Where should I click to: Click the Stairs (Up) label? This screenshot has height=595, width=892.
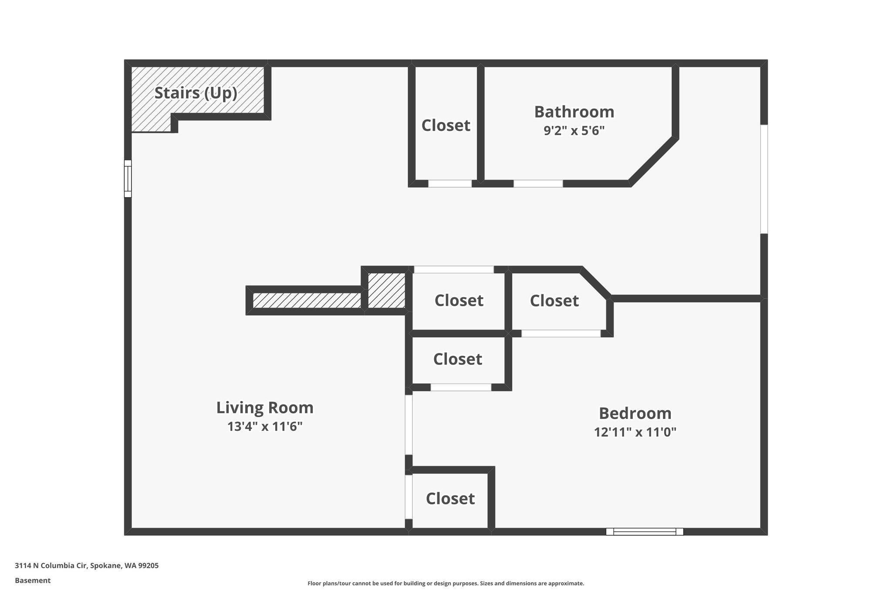pyautogui.click(x=196, y=93)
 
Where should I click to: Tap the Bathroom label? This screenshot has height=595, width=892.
pyautogui.click(x=574, y=112)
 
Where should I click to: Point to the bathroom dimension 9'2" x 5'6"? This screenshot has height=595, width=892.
pyautogui.click(x=574, y=131)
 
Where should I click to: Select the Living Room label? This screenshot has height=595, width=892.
pyautogui.click(x=265, y=408)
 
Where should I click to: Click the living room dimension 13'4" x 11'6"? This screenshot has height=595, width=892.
pyautogui.click(x=265, y=426)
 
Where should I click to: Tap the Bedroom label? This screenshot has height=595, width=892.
pyautogui.click(x=635, y=413)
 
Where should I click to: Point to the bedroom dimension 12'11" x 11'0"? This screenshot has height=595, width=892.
pyautogui.click(x=635, y=432)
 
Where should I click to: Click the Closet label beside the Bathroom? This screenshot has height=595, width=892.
pyautogui.click(x=446, y=126)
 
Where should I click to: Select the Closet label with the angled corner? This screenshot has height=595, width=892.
pyautogui.click(x=554, y=301)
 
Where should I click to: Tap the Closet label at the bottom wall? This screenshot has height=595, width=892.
pyautogui.click(x=450, y=499)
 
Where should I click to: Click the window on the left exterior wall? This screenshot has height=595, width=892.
pyautogui.click(x=128, y=179)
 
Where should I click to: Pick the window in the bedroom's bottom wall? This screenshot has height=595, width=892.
pyautogui.click(x=645, y=531)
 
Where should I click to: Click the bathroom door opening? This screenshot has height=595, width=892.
pyautogui.click(x=538, y=184)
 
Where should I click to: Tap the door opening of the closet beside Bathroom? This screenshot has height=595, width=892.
pyautogui.click(x=450, y=184)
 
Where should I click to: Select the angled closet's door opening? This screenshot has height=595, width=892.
pyautogui.click(x=561, y=333)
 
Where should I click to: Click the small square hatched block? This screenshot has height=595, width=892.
pyautogui.click(x=387, y=290)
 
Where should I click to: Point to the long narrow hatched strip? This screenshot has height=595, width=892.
pyautogui.click(x=307, y=300)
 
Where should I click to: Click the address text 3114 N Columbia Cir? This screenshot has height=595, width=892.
pyautogui.click(x=51, y=566)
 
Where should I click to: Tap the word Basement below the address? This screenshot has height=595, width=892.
pyautogui.click(x=33, y=581)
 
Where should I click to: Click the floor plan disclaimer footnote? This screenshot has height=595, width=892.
pyautogui.click(x=446, y=583)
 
